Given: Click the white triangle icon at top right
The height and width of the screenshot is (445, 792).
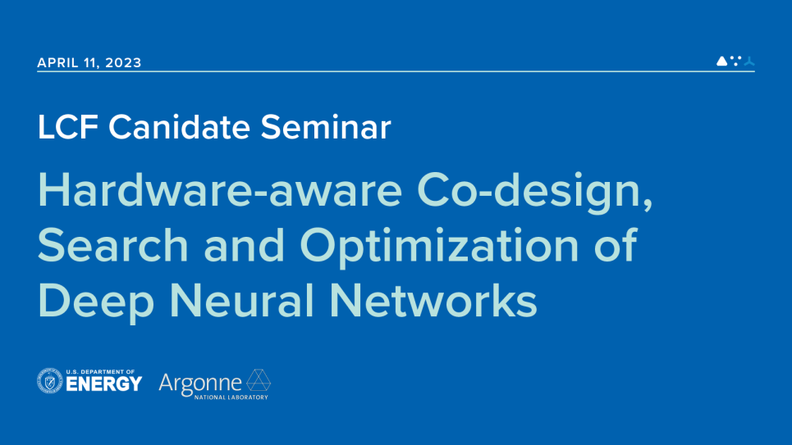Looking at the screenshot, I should (721, 61).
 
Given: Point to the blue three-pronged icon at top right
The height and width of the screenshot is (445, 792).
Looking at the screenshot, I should (749, 61).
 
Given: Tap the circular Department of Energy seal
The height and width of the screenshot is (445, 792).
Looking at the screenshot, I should (49, 381).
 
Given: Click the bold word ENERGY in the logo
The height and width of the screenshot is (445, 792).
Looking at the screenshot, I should (103, 384).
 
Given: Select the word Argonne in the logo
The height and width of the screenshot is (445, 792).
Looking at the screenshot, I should (199, 382).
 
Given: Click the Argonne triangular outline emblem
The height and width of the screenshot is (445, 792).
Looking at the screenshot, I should (259, 380).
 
